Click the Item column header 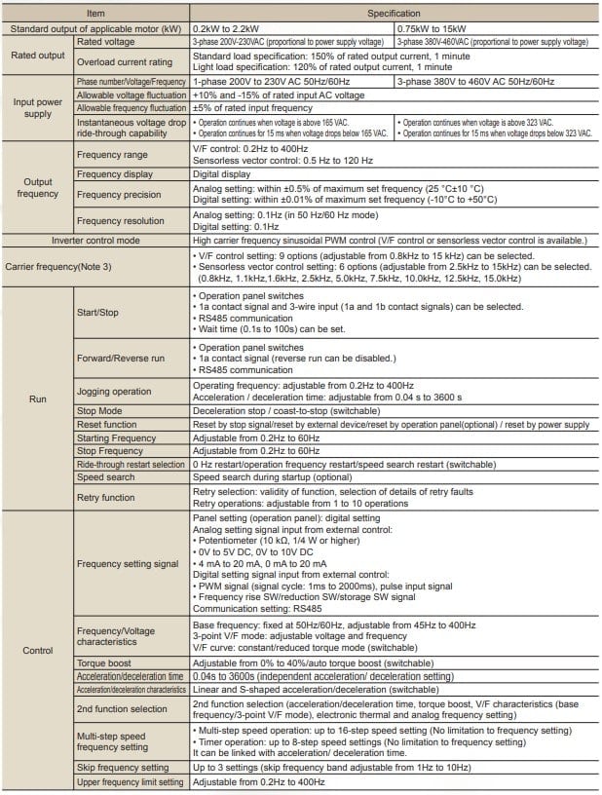point(96,14)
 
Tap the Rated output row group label point(38,56)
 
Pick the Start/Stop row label point(98,312)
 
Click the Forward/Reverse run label point(121,358)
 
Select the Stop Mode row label point(100,411)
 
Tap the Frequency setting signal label point(128,563)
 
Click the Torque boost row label point(105,662)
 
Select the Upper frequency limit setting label point(130,782)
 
